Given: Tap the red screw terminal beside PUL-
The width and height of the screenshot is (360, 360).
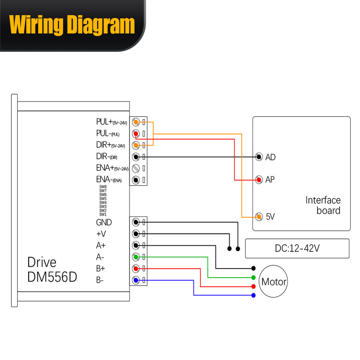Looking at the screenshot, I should (x=136, y=133).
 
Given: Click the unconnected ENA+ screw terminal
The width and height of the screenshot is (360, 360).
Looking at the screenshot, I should (x=136, y=168).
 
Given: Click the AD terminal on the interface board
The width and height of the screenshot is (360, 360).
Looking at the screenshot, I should (x=258, y=157).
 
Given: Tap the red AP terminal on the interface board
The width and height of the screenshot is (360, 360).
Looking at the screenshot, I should (x=258, y=180).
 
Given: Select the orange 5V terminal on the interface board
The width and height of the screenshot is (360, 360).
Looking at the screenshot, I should (x=258, y=216).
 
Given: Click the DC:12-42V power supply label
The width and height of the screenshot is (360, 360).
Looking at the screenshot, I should (x=297, y=248).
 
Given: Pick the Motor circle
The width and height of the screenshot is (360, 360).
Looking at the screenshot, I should (x=274, y=282).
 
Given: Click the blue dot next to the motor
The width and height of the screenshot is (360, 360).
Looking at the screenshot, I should (x=253, y=295).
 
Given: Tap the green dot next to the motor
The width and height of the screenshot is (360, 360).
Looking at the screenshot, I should (x=253, y=277).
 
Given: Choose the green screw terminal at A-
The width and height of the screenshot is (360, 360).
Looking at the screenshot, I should (x=136, y=257).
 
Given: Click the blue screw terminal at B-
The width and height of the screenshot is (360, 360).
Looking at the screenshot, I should (x=136, y=280).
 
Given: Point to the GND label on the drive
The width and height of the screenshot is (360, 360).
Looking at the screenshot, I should (x=104, y=222).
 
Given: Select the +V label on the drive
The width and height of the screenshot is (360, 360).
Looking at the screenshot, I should (x=101, y=234).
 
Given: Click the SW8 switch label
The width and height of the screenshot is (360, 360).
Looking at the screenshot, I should (x=103, y=187).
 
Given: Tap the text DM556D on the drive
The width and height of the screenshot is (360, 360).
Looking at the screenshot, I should (x=52, y=277).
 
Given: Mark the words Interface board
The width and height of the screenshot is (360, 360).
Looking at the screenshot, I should (x=323, y=205).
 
